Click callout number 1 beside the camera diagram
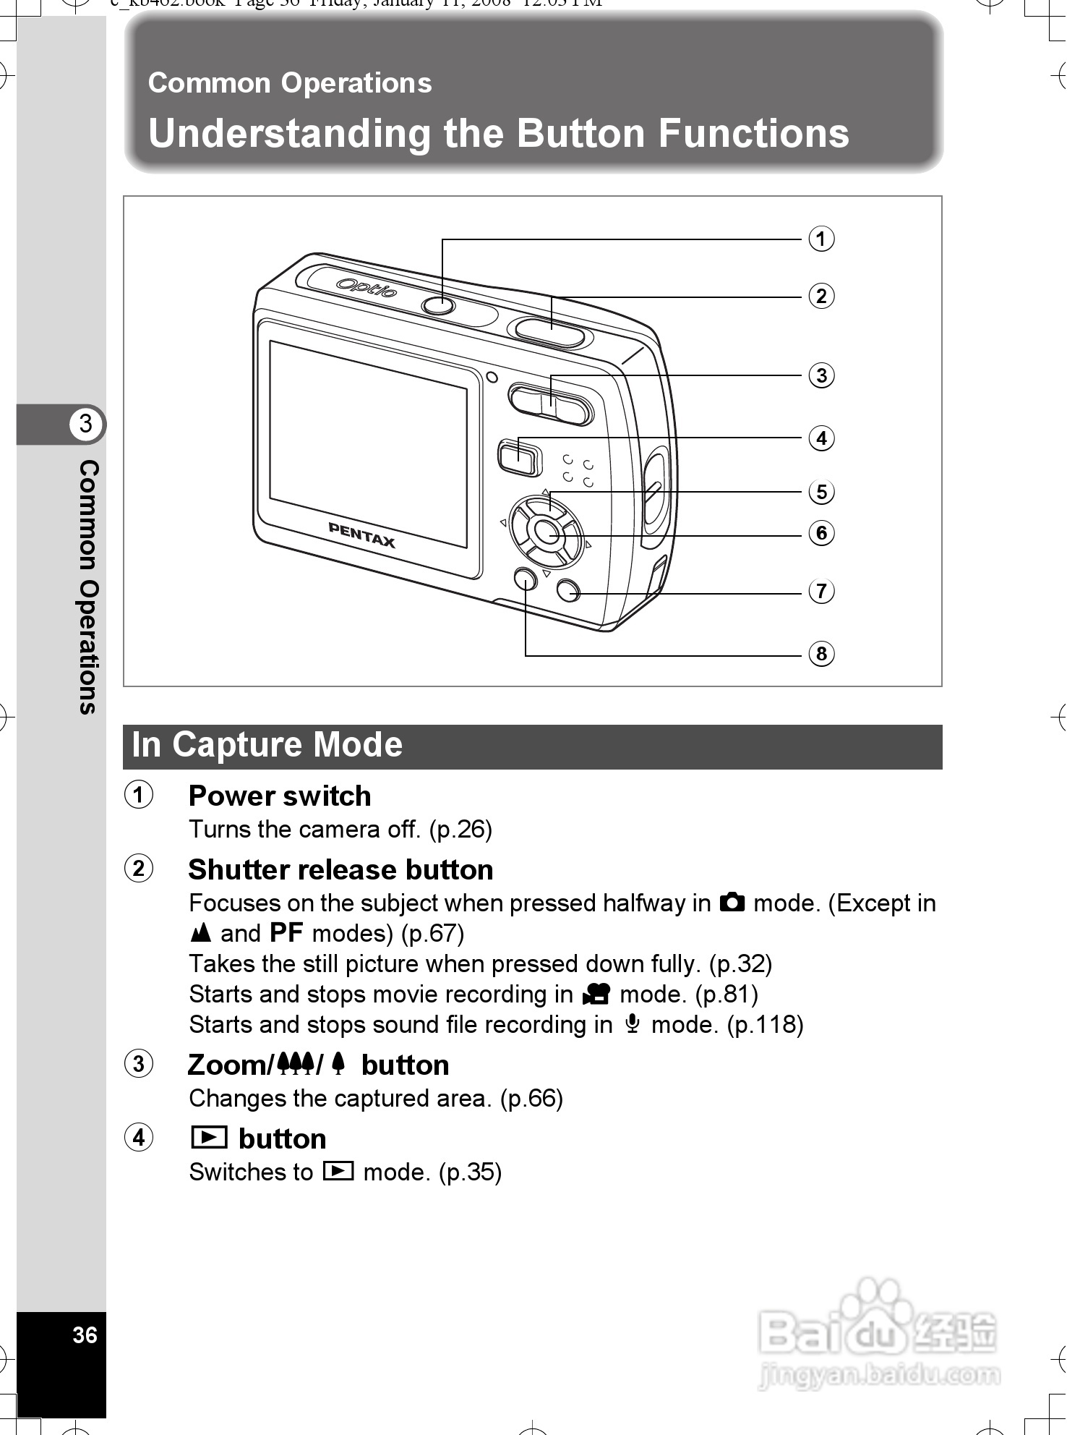(820, 239)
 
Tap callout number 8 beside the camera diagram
(820, 654)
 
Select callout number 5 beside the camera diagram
(820, 492)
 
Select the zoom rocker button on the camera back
(551, 404)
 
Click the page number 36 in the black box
(85, 1334)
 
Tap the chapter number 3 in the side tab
(86, 423)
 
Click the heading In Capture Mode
(267, 746)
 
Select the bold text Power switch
(280, 796)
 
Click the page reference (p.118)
(765, 1025)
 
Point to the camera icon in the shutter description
(732, 903)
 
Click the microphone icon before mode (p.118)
(632, 1024)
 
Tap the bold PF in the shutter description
(286, 933)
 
